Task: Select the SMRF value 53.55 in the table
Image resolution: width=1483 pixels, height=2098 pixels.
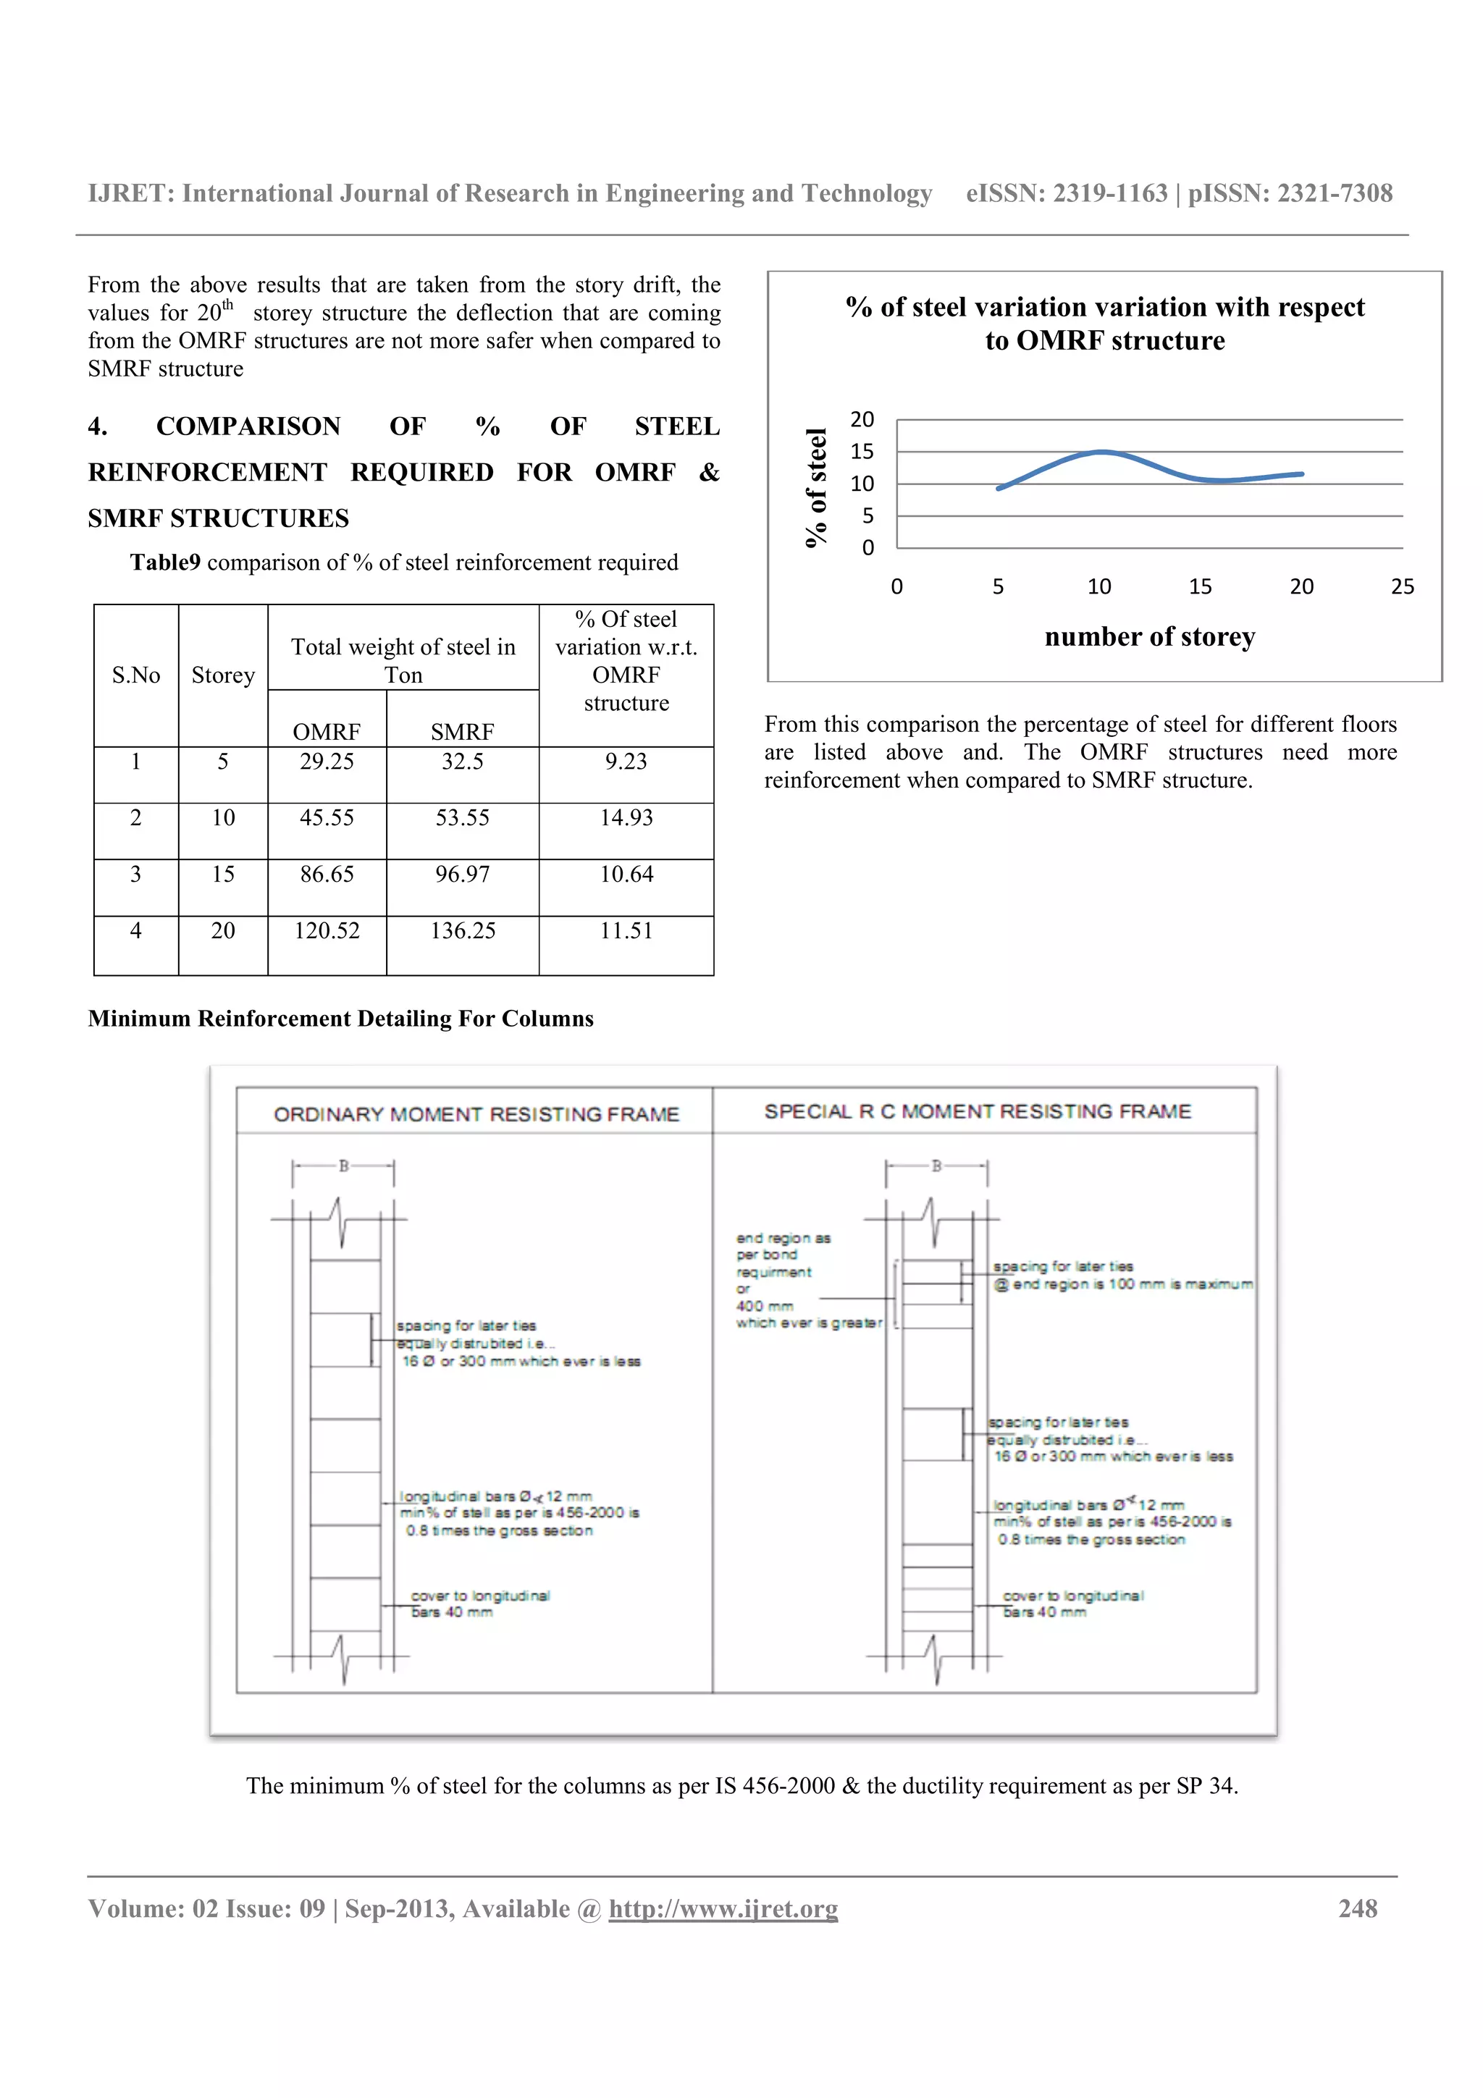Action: coord(463,818)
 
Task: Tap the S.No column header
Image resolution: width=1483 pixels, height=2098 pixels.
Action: coord(135,675)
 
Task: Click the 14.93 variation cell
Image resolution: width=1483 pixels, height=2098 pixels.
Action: coord(626,818)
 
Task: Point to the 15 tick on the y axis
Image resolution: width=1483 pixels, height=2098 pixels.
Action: coord(862,452)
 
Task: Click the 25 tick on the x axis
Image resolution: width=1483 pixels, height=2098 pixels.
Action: coord(1402,586)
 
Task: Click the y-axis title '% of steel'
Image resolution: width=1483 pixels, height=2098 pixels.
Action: coord(815,488)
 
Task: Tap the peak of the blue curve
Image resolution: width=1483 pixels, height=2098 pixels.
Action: coord(1103,452)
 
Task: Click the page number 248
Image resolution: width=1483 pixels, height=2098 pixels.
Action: coord(1357,1909)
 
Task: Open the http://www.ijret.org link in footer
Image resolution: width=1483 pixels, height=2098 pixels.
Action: coord(723,1909)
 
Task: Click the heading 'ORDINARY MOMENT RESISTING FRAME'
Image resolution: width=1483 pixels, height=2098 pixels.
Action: coord(476,1114)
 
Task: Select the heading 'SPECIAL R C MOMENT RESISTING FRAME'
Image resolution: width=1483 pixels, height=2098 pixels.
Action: coord(978,1111)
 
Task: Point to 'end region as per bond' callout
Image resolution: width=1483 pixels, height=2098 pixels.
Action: coord(783,1247)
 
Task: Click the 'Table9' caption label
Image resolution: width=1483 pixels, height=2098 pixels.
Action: coord(164,562)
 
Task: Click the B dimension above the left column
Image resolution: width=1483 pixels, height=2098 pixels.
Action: coord(343,1166)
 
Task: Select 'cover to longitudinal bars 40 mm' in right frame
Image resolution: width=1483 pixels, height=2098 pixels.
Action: coord(1071,1604)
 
